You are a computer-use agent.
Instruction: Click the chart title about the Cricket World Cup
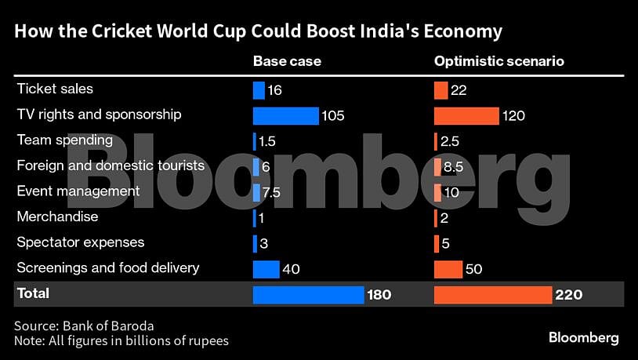258,31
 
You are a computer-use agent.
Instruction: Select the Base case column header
287,61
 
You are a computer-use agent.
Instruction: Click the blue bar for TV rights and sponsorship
285,116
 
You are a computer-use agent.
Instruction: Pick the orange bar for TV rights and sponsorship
466,116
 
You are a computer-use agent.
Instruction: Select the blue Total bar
308,295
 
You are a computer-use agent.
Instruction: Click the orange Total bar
493,295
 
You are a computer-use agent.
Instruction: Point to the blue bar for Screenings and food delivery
266,269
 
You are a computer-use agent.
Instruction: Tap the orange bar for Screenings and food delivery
448,269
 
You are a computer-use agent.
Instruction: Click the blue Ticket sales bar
259,90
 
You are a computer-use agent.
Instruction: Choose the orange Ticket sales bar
440,90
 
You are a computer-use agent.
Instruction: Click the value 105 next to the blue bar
332,116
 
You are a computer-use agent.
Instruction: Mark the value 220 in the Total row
569,295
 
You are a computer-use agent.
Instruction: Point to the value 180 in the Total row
379,295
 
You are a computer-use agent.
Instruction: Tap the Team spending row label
65,140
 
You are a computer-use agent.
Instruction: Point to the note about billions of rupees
121,340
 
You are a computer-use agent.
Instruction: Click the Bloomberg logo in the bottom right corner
583,338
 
